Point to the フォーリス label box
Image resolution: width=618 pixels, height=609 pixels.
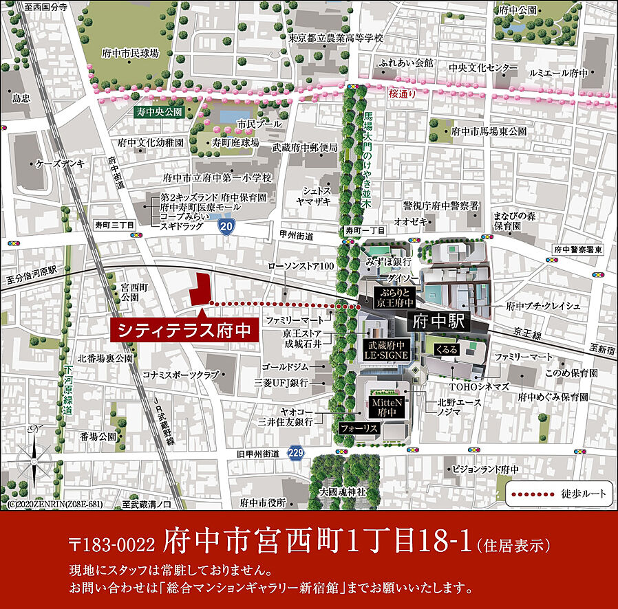coord(359,428)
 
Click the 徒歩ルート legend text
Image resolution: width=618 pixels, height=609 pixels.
coord(584,494)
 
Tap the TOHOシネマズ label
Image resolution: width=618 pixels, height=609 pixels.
coord(480,387)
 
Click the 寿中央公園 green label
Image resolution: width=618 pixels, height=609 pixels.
coord(158,111)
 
